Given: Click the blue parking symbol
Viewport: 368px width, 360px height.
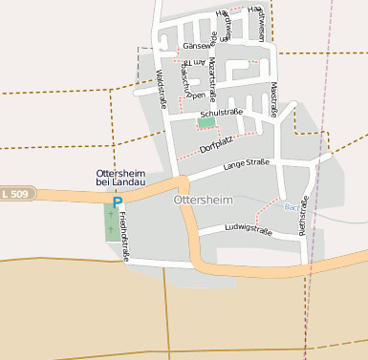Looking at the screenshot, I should (118, 202).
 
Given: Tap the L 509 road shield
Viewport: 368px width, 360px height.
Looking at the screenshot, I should (13, 195).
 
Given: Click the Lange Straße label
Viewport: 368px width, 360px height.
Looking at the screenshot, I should (246, 166).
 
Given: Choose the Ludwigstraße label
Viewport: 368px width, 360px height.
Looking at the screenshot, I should (249, 230).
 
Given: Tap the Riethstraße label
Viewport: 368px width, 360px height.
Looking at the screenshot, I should (303, 215).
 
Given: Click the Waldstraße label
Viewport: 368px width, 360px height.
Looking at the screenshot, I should (160, 89).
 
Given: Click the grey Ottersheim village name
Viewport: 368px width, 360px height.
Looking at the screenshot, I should (205, 201).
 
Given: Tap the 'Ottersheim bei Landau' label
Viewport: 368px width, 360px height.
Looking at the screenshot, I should (120, 178).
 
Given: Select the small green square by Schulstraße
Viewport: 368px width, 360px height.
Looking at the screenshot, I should (206, 122).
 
